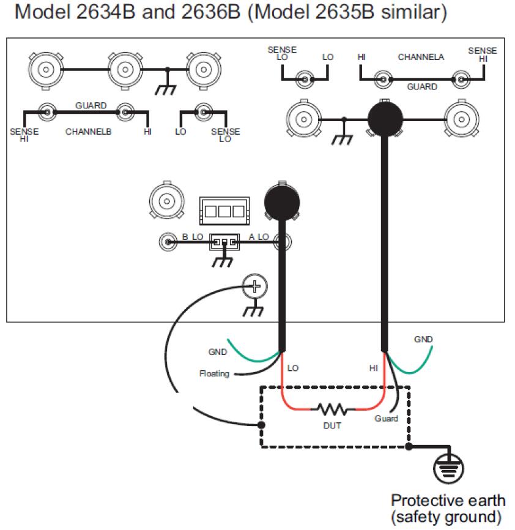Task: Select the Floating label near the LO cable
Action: click(x=215, y=373)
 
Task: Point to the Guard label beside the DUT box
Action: click(x=386, y=419)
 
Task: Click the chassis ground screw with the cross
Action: click(x=256, y=285)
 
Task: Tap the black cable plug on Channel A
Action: click(x=385, y=118)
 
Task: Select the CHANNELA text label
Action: click(x=421, y=57)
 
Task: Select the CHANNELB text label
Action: click(x=89, y=132)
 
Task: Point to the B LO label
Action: click(x=193, y=237)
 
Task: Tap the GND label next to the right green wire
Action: click(x=423, y=340)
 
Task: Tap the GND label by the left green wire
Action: click(x=217, y=352)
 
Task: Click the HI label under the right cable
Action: click(x=373, y=368)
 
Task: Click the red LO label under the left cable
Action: click(x=292, y=368)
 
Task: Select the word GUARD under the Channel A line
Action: click(x=422, y=87)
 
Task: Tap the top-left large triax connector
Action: click(x=45, y=69)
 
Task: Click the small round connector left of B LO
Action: click(x=166, y=242)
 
